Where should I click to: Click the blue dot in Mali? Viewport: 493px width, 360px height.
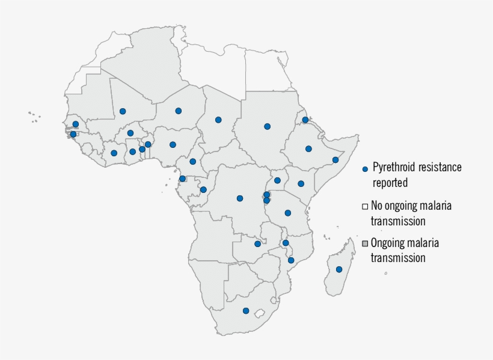(123, 111)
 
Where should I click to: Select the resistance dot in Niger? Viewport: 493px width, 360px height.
(179, 111)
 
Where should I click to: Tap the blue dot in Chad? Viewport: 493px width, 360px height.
(218, 120)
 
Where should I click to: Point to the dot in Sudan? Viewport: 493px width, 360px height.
(267, 126)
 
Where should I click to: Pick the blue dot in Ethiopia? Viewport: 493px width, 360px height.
(308, 148)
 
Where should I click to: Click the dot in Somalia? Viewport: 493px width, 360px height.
(335, 160)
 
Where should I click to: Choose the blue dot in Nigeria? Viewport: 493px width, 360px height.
(173, 144)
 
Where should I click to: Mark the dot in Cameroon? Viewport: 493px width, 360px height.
(193, 161)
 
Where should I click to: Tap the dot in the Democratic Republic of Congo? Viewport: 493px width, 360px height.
(240, 198)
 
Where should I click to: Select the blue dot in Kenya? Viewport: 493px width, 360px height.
(301, 183)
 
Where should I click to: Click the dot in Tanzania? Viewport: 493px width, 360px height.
(288, 213)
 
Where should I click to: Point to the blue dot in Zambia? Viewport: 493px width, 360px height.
(257, 244)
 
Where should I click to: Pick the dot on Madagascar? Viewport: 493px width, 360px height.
(339, 269)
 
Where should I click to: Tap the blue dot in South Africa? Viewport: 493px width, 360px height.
(246, 311)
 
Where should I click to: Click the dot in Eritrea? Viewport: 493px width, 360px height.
(305, 120)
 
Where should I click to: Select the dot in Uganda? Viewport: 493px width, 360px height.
(278, 180)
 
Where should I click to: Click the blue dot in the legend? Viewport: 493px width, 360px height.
(365, 169)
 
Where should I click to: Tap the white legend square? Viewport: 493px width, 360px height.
(365, 206)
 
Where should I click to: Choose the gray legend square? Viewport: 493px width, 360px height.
(365, 243)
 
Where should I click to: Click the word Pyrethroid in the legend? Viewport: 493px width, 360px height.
(395, 167)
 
